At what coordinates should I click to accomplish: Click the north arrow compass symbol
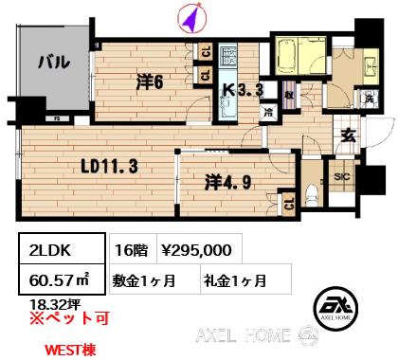[x=192, y=18]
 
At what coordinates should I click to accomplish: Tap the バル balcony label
[x=54, y=62]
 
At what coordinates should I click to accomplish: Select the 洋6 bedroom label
[x=150, y=82]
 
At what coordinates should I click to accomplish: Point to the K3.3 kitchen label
[x=244, y=90]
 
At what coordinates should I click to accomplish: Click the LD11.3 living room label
[x=110, y=166]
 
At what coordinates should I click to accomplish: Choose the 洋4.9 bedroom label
[x=228, y=182]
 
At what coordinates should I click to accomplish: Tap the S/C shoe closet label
[x=342, y=176]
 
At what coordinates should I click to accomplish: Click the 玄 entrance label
[x=349, y=135]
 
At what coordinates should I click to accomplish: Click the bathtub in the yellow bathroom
[x=287, y=56]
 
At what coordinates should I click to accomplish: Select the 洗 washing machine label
[x=370, y=99]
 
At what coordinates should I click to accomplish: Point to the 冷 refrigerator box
[x=268, y=113]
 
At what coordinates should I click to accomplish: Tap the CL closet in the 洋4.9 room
[x=289, y=204]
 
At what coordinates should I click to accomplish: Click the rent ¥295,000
[x=196, y=250]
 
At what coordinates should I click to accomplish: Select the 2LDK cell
[x=62, y=248]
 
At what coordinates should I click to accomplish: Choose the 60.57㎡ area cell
[x=62, y=279]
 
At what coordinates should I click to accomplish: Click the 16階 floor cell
[x=133, y=248]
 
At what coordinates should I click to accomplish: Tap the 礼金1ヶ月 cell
[x=245, y=279]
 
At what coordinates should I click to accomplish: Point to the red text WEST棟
[x=70, y=350]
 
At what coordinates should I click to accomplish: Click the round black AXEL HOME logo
[x=335, y=308]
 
